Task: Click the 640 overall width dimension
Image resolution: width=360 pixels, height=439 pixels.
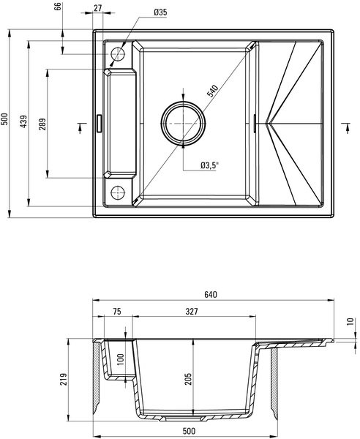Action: [x=211, y=295]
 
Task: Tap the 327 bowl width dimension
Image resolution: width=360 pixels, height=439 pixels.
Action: [x=192, y=312]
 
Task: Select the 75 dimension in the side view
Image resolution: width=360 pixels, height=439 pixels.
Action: [x=117, y=312]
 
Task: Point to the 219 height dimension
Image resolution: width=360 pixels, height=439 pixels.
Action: [x=64, y=379]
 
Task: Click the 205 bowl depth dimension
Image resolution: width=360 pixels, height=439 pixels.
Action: [x=188, y=379]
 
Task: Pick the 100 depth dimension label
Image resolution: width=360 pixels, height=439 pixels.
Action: [x=121, y=360]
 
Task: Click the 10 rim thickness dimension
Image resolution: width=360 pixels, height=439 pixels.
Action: [x=350, y=322]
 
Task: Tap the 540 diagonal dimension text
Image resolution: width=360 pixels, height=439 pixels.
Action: [x=212, y=91]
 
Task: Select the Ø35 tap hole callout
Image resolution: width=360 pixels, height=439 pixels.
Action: [x=160, y=12]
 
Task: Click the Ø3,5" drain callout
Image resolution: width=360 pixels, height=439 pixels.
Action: [x=209, y=165]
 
